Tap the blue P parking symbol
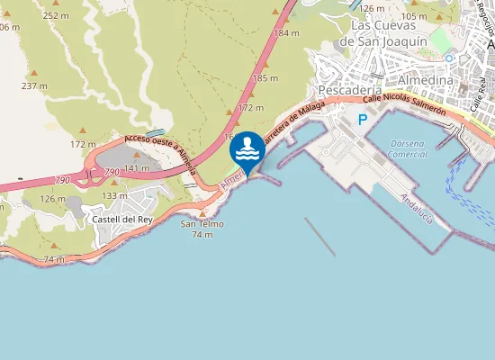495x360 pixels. click(x=363, y=119)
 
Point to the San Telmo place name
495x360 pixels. click(x=202, y=224)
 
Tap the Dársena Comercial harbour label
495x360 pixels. click(x=407, y=148)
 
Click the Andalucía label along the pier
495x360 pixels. click(x=418, y=210)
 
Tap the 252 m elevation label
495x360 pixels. click(x=56, y=15)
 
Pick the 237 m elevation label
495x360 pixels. click(x=34, y=85)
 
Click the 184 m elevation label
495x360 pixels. click(x=286, y=32)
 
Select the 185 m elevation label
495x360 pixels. click(x=266, y=78)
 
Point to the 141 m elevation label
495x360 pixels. click(x=137, y=168)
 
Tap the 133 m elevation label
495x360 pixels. click(x=114, y=195)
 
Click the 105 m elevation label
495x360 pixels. click(x=415, y=16)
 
